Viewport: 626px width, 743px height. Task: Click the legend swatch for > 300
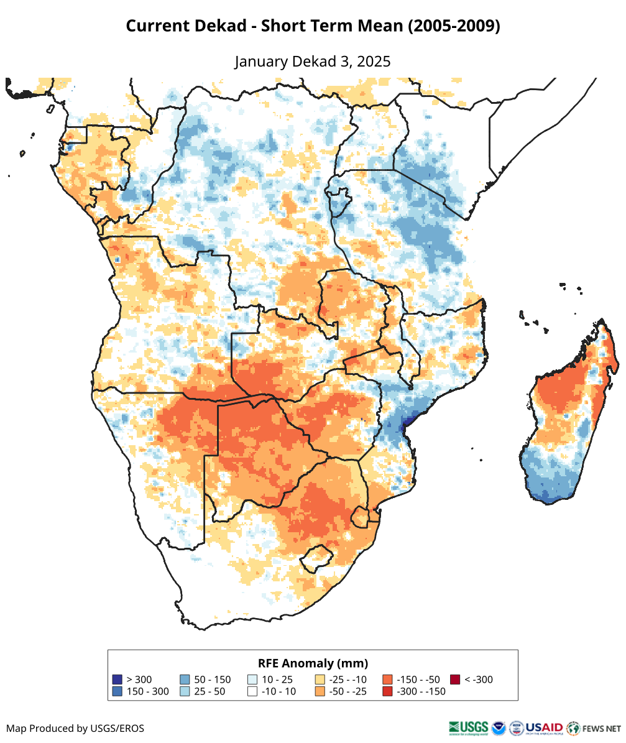pyautogui.click(x=117, y=680)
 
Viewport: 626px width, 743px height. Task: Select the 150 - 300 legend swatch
pyautogui.click(x=117, y=691)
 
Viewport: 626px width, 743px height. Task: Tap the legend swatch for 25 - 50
pyautogui.click(x=185, y=691)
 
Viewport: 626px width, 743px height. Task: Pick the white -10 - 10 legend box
pyautogui.click(x=252, y=691)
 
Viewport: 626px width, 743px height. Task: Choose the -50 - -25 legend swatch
pyautogui.click(x=320, y=691)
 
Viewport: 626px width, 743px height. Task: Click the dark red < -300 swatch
pyautogui.click(x=456, y=680)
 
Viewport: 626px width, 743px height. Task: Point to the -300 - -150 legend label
pyautogui.click(x=421, y=691)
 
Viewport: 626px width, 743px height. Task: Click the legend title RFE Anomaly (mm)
pyautogui.click(x=313, y=663)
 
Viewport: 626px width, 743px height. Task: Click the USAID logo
pyautogui.click(x=545, y=727)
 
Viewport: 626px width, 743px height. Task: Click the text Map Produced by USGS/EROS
pyautogui.click(x=75, y=728)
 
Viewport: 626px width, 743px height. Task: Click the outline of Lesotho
pyautogui.click(x=315, y=558)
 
